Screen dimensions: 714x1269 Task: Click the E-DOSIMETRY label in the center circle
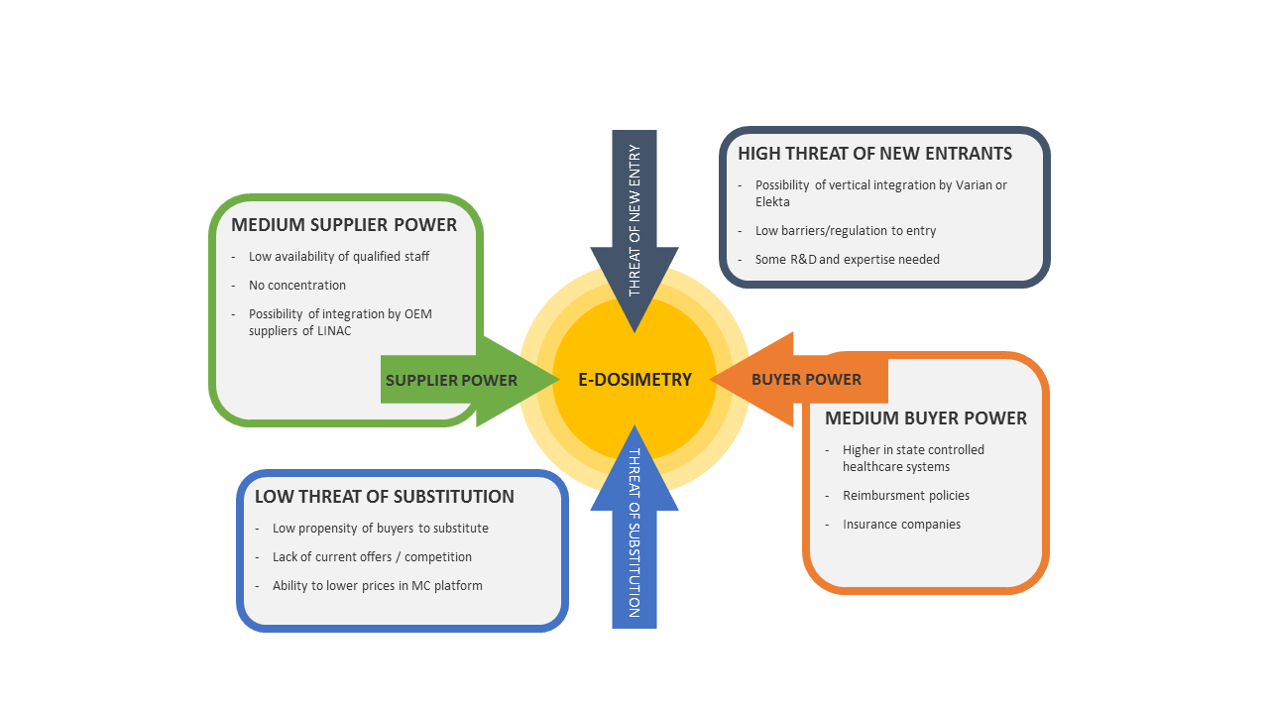coord(634,380)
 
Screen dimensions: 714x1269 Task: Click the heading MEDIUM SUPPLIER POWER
coord(344,225)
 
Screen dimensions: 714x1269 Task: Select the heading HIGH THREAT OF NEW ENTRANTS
coord(874,154)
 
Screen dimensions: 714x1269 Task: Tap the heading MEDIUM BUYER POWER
coord(926,418)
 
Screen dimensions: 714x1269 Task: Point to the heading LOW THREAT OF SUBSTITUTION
coord(385,497)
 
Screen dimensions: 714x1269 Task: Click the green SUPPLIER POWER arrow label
coord(451,380)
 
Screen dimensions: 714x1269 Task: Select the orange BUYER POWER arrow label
coord(806,379)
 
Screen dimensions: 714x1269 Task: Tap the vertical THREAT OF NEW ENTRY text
coord(634,220)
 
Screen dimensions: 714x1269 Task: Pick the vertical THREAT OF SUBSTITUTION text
coord(634,534)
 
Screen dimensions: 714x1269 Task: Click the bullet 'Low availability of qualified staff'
coord(339,257)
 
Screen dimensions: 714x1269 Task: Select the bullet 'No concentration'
coord(297,286)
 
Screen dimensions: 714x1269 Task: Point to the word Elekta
coord(772,202)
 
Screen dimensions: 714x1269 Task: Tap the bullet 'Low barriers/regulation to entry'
coord(846,231)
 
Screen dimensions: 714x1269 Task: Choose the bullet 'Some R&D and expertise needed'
coord(848,260)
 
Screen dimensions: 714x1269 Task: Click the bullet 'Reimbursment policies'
coord(906,496)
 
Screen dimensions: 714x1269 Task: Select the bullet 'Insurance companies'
coord(901,525)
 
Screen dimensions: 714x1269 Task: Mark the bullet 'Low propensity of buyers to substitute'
coord(381,529)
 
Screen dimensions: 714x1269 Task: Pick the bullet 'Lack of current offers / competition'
coord(372,557)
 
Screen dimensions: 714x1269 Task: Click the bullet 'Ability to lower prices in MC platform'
coord(378,586)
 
